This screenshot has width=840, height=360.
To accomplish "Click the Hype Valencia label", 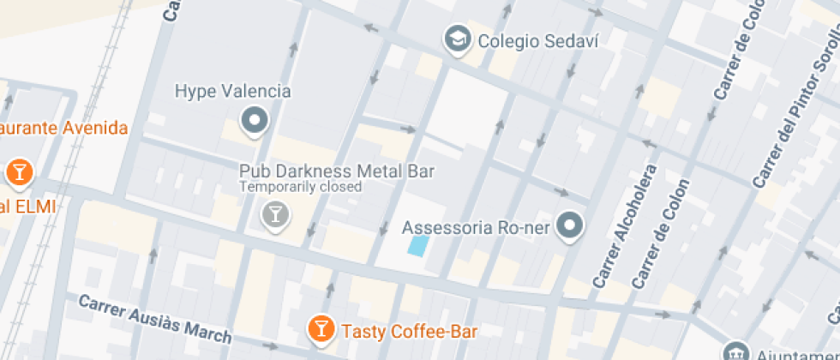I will click(x=232, y=91).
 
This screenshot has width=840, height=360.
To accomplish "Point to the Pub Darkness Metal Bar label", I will click(x=336, y=171).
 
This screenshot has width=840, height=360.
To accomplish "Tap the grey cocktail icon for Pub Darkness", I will click(x=275, y=214).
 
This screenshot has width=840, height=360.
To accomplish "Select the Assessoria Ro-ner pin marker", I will click(x=569, y=227).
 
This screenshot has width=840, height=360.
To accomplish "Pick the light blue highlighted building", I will click(x=417, y=246).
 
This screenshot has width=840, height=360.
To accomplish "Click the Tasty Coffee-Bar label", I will click(x=409, y=331).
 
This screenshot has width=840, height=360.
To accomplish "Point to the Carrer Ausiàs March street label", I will click(x=155, y=318).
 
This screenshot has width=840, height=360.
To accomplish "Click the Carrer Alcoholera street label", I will click(x=625, y=225).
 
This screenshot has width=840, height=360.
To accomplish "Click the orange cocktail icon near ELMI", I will click(x=17, y=172).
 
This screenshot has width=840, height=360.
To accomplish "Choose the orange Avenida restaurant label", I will click(x=63, y=129).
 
